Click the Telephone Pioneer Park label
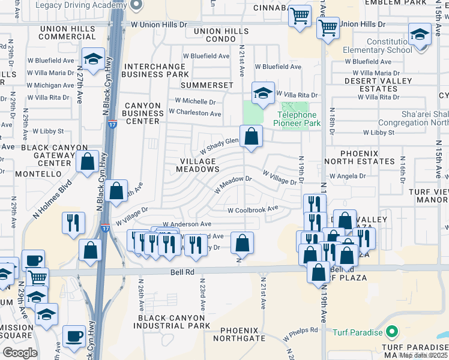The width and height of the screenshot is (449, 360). tap(296, 119)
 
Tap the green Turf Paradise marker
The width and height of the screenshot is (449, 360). tap(392, 331)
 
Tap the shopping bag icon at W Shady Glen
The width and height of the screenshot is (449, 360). tap(251, 137)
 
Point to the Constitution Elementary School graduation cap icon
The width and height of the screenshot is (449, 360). tap(420, 35)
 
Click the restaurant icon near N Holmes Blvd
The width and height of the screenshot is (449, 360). tap(73, 223)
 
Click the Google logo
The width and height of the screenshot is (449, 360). tap(20, 353)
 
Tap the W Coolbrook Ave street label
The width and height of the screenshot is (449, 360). tap(253, 209)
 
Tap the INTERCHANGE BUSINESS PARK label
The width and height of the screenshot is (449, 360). tap(155, 70)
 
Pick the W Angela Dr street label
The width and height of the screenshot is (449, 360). tap(350, 176)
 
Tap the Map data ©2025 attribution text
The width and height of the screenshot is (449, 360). tap(423, 355)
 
